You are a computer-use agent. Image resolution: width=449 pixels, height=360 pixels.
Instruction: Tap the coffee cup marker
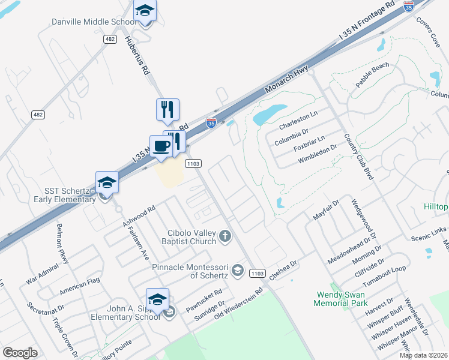click(161, 146)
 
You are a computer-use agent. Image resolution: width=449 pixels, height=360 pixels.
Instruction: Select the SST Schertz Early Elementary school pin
click(107, 182)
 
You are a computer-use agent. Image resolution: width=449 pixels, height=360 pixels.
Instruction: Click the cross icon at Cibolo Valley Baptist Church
click(225, 236)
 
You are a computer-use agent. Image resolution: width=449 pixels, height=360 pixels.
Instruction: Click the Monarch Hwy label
click(289, 80)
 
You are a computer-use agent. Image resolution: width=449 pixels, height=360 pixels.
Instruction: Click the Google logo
click(20, 353)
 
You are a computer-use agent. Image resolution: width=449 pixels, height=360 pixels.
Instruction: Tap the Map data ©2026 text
click(423, 355)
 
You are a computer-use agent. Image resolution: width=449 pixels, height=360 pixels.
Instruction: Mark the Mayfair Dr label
click(326, 211)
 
